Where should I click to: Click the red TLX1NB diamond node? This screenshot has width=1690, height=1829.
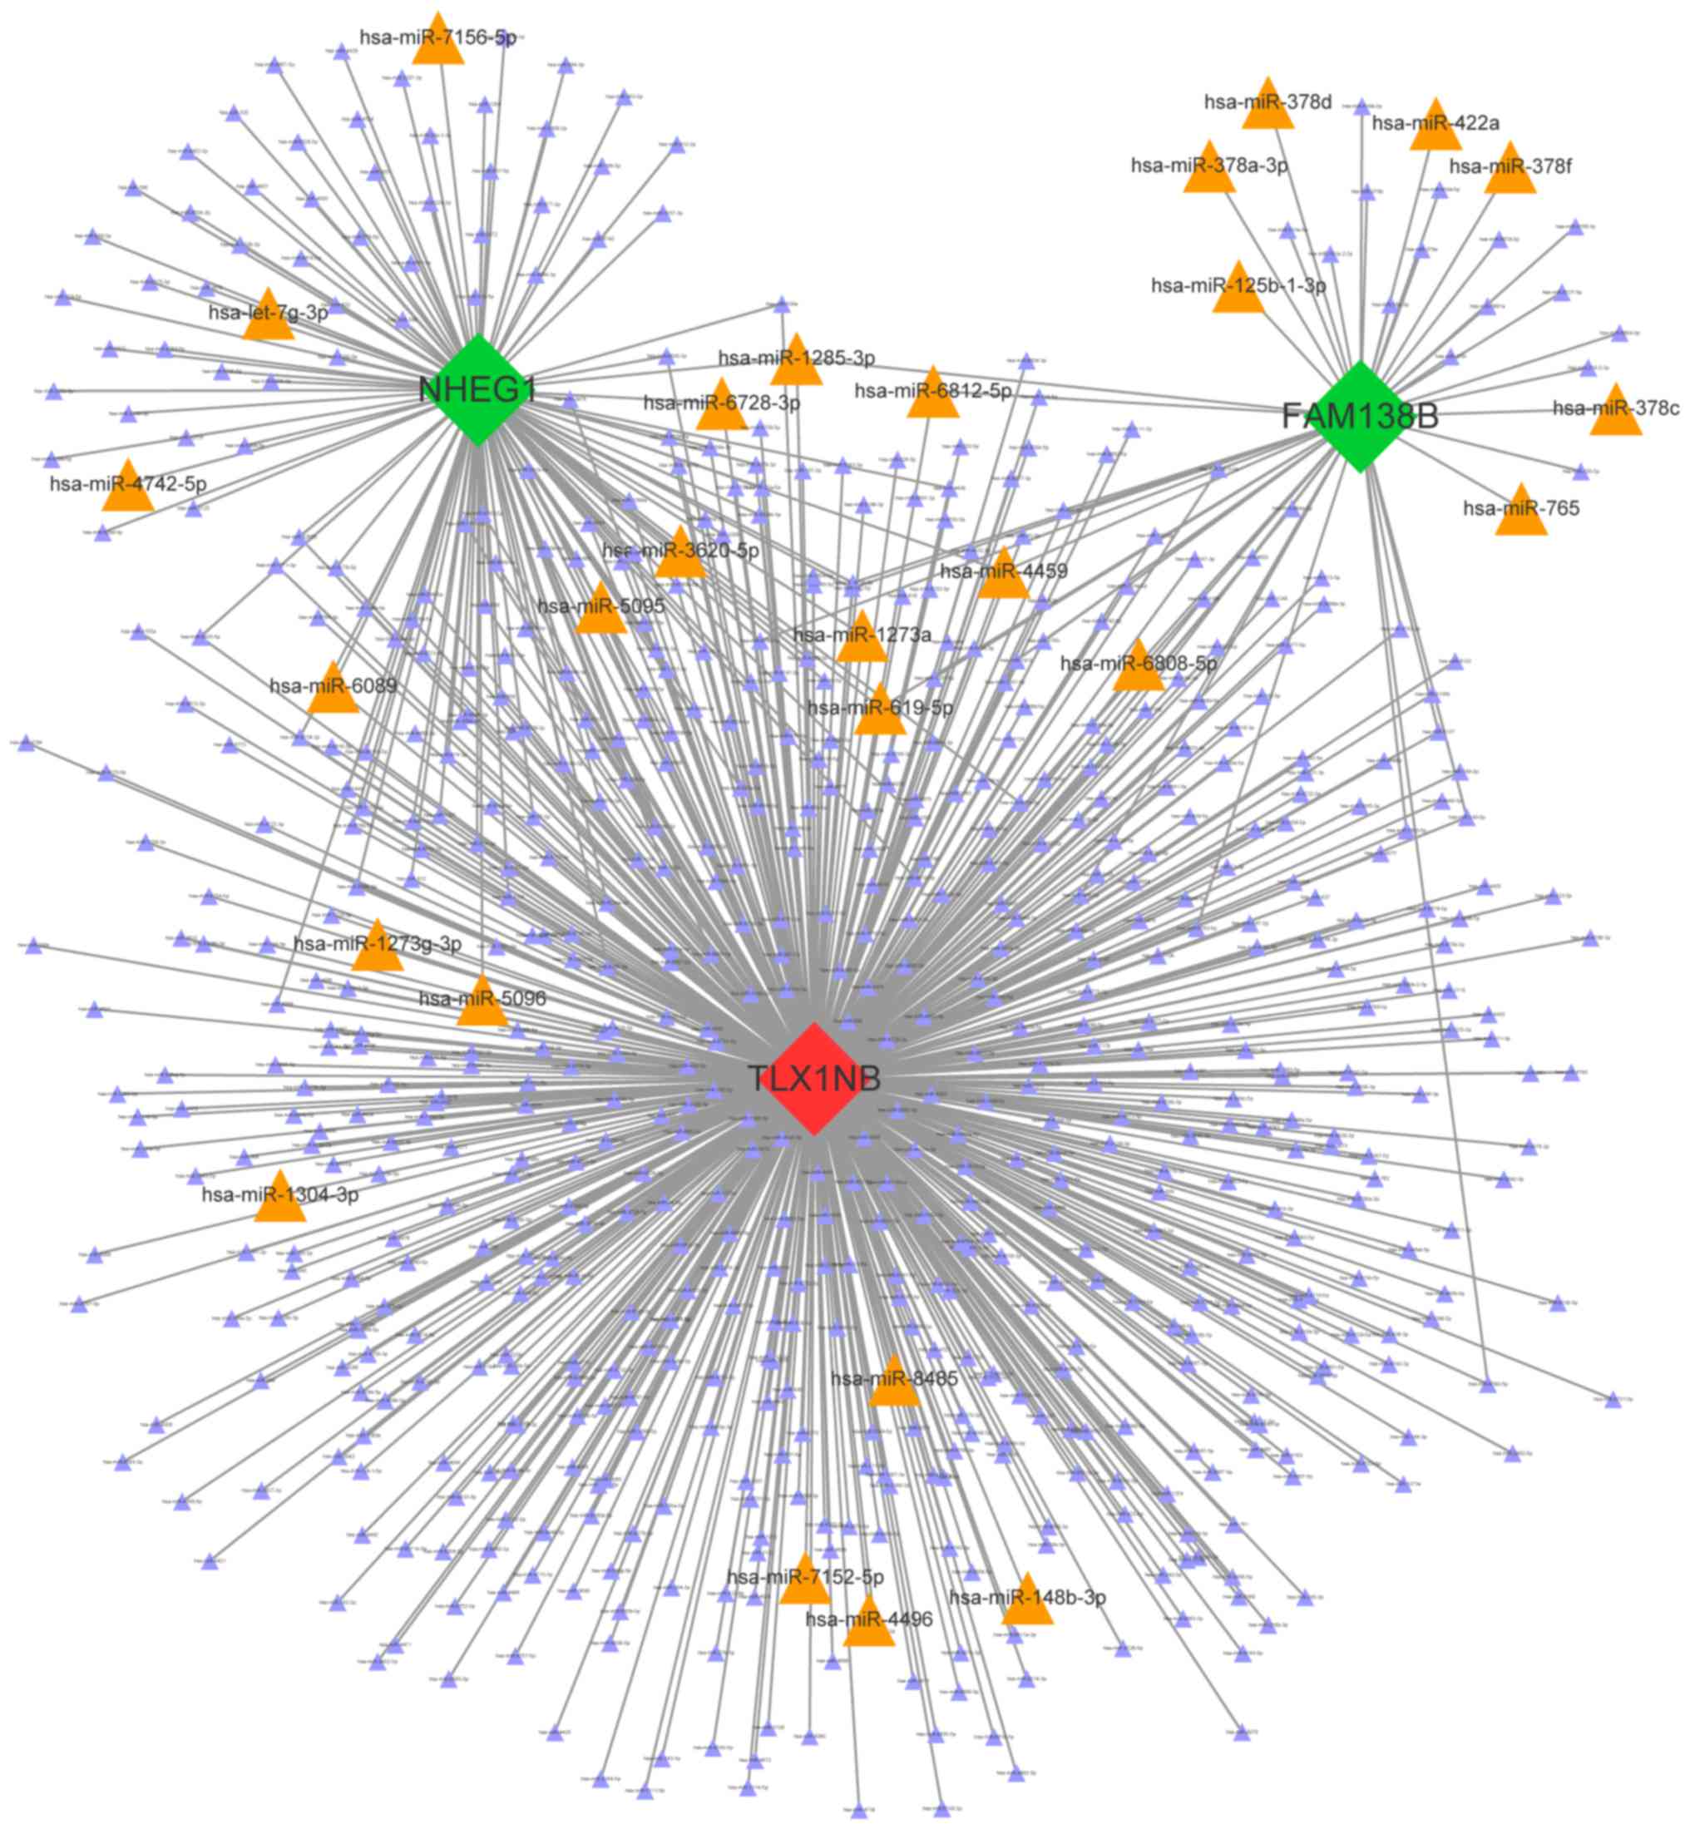pos(814,1079)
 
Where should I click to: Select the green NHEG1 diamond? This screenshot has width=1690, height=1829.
pos(477,389)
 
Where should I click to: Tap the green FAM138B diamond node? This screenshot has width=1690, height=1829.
pos(1361,416)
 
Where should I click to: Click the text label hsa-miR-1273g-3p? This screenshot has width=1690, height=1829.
pos(378,943)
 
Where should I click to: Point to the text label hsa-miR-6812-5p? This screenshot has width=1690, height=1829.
pos(933,392)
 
